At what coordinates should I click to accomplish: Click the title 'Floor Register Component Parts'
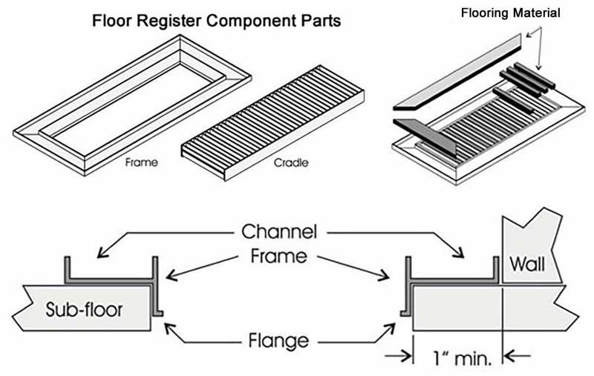[x=216, y=20]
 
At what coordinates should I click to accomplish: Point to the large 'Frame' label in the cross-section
[x=279, y=257]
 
